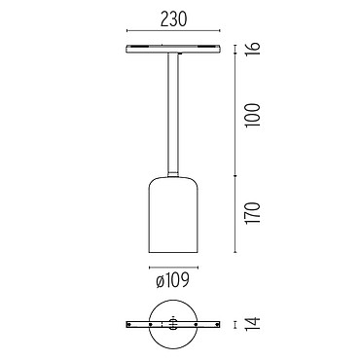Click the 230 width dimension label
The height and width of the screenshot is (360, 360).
(174, 19)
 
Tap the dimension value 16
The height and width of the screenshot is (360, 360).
(254, 49)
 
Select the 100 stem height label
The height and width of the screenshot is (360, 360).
(254, 115)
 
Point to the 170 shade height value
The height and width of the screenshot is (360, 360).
(254, 213)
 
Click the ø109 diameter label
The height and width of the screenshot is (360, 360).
(172, 280)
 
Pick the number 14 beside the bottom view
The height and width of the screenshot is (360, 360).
(254, 324)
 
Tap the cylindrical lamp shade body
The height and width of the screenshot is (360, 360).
(173, 215)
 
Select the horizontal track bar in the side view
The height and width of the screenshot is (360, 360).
(173, 49)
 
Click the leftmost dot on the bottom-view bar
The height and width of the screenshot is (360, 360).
(129, 324)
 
